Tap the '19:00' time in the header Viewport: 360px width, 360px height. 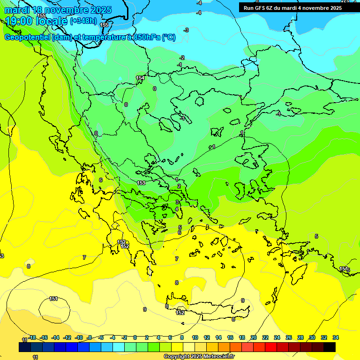[x=18, y=21]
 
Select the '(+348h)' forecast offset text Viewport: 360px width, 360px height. [x=83, y=21]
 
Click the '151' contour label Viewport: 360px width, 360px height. [x=53, y=299]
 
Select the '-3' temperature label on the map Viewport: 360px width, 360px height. [x=186, y=30]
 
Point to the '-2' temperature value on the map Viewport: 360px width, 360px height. [x=182, y=58]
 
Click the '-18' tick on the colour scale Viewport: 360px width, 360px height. [x=32, y=337]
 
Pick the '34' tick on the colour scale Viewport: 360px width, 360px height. [x=335, y=337]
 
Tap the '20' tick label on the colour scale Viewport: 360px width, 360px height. [x=254, y=337]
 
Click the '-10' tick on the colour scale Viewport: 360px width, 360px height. [x=79, y=337]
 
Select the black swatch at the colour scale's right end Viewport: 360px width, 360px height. [x=330, y=347]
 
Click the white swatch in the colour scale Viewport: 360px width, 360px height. [x=188, y=347]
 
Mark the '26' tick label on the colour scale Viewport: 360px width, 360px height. [x=289, y=337]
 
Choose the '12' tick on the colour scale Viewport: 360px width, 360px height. [x=207, y=337]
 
